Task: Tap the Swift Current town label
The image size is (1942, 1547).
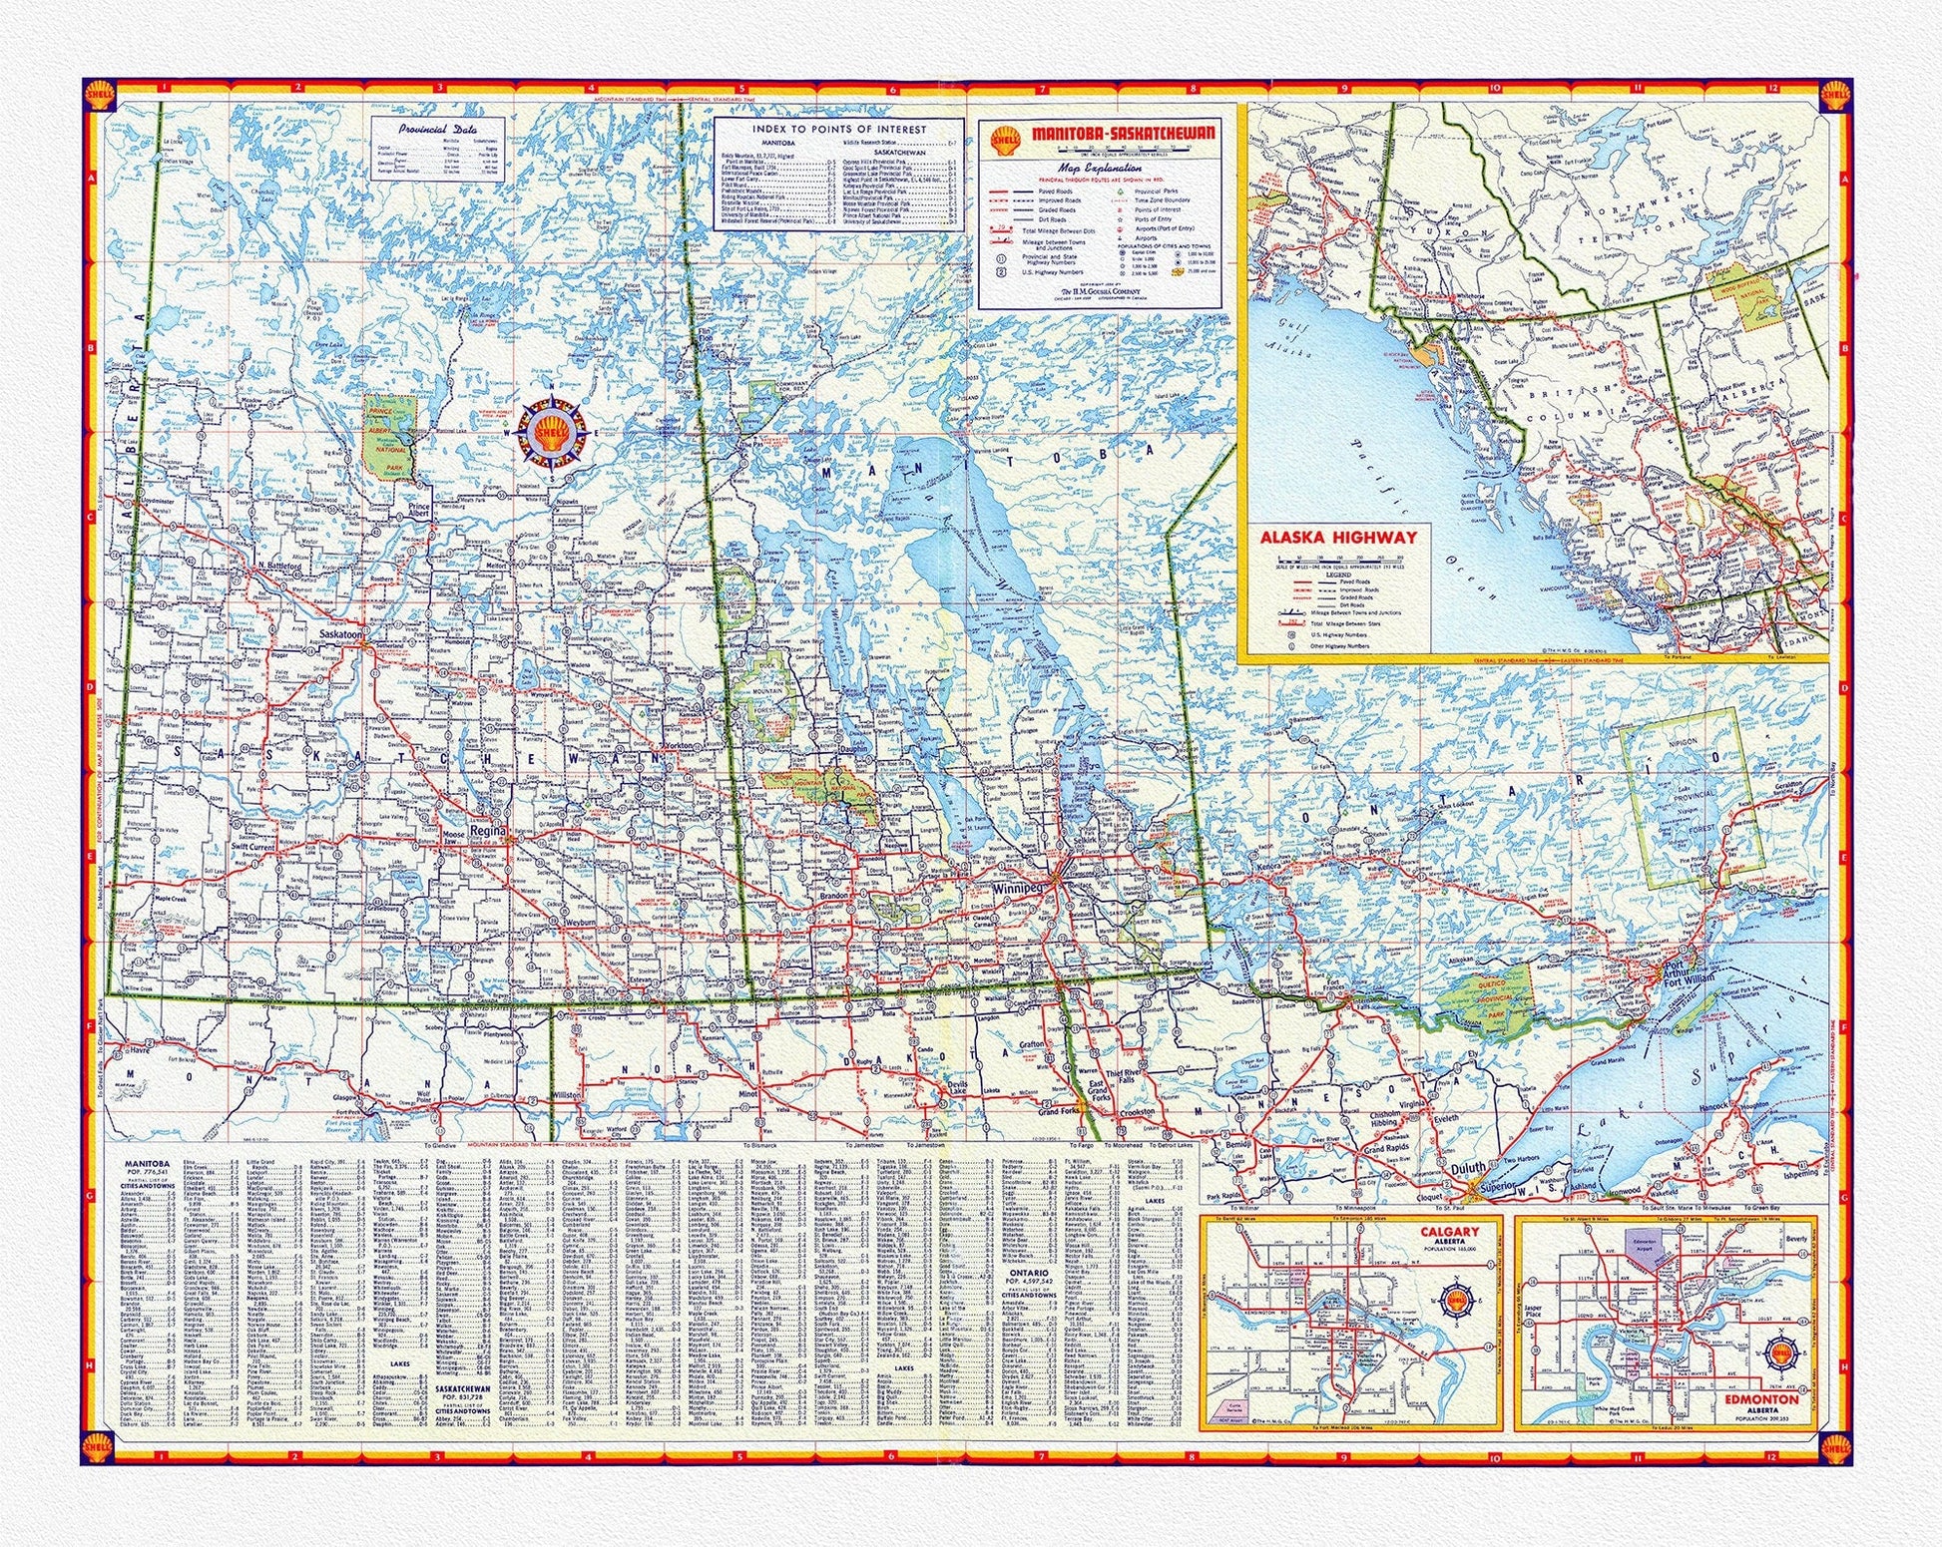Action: tap(252, 846)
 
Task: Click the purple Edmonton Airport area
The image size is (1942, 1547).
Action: tap(1643, 1242)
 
